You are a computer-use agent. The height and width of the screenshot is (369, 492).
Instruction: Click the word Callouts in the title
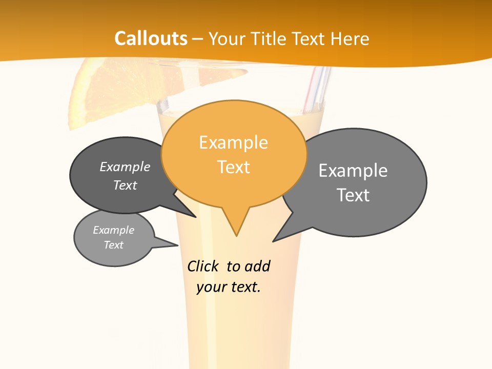tap(151, 38)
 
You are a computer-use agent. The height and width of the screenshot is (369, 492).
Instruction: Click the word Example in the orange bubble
tap(233, 142)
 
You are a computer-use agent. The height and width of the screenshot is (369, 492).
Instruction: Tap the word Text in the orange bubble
tap(234, 167)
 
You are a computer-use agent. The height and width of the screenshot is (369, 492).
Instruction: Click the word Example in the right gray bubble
tap(353, 170)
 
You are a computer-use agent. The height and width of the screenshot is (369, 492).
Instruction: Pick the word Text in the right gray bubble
tap(353, 195)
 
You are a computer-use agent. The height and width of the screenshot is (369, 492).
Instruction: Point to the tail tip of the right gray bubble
tap(274, 241)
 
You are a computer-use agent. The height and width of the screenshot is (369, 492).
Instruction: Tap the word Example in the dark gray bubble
tap(125, 167)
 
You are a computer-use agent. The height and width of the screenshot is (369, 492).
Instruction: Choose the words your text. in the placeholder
tap(229, 288)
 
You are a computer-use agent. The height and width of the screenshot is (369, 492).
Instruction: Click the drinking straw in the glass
tap(314, 90)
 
